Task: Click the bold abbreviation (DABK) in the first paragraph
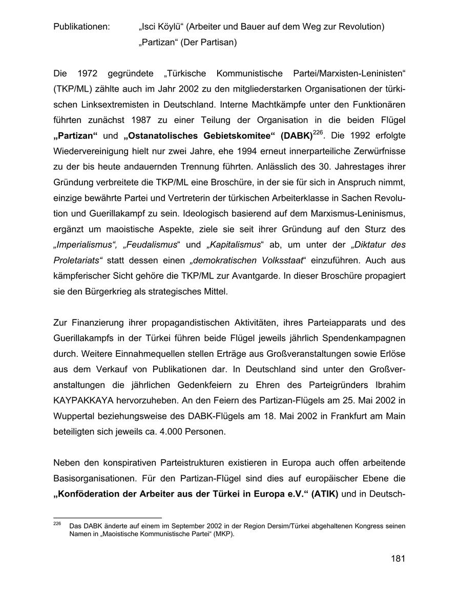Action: (295, 136)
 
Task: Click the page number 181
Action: (397, 559)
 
